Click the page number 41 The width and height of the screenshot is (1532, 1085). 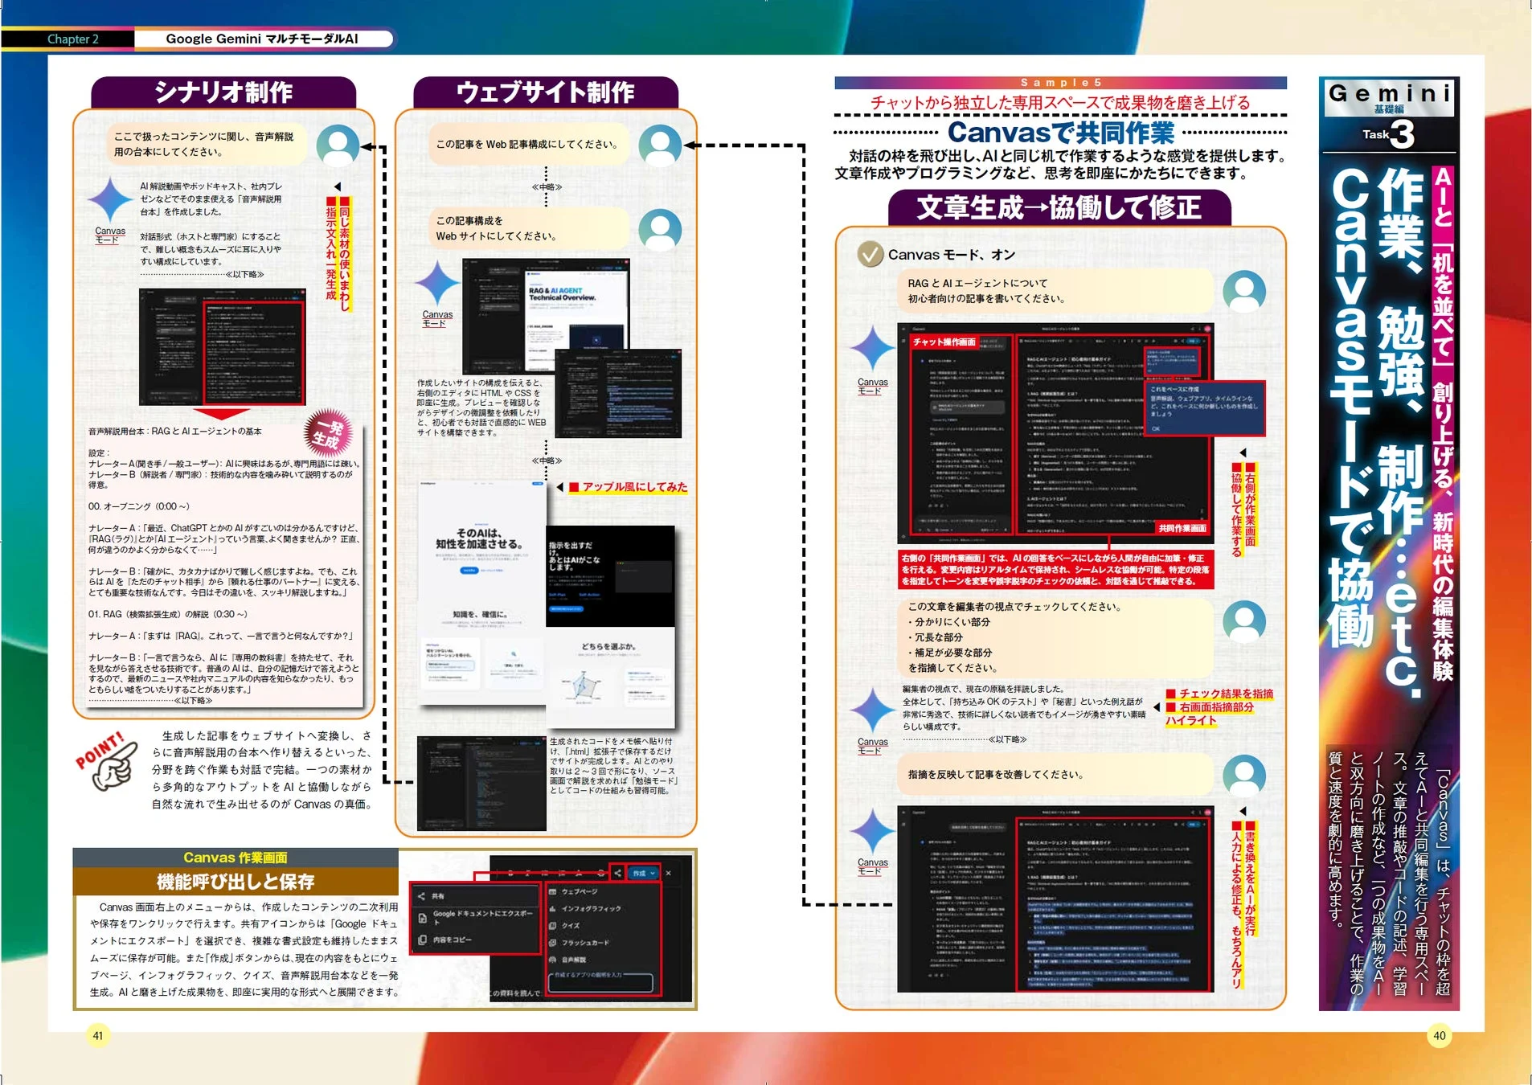(x=97, y=1035)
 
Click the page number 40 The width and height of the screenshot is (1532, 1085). (x=1439, y=1035)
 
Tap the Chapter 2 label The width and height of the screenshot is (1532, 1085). (x=72, y=39)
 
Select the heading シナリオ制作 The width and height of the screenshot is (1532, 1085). (x=223, y=92)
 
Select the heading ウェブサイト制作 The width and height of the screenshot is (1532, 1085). (x=545, y=92)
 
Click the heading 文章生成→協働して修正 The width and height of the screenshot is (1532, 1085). (x=1059, y=208)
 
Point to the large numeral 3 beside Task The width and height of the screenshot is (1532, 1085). (x=1403, y=134)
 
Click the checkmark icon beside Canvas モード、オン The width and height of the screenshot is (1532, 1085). (x=870, y=255)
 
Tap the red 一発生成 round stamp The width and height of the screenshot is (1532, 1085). (x=328, y=432)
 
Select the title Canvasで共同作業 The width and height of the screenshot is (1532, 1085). (x=1060, y=133)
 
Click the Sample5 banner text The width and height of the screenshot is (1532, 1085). (x=1060, y=83)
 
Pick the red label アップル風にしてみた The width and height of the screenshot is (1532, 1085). (x=634, y=487)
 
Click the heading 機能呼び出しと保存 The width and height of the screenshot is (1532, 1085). (x=236, y=882)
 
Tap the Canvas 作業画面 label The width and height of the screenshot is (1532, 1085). (x=235, y=858)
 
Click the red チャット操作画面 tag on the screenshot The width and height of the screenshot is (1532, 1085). (x=944, y=342)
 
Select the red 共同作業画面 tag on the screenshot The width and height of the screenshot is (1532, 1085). (x=1182, y=528)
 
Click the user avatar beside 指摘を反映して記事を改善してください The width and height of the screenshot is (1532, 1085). (x=1243, y=775)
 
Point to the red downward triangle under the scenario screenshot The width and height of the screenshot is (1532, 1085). (x=221, y=413)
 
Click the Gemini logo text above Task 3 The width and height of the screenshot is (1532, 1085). (x=1389, y=93)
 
